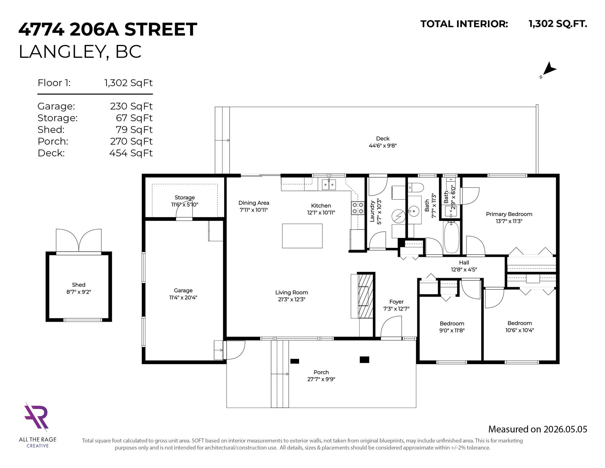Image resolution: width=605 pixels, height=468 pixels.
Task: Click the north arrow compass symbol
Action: (x=549, y=70)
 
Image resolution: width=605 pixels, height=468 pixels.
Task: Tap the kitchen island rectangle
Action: (x=302, y=236)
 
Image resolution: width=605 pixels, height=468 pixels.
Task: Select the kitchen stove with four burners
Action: (x=357, y=208)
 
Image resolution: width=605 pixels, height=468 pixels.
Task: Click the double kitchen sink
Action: (x=329, y=184)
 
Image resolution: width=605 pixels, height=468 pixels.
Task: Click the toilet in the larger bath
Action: (x=416, y=187)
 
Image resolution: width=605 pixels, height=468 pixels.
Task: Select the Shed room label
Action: (x=79, y=285)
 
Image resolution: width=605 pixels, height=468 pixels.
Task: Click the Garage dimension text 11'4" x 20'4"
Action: (x=183, y=298)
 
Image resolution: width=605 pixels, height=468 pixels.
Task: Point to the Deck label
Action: (x=383, y=138)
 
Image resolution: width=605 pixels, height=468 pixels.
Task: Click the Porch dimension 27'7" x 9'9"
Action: (x=321, y=379)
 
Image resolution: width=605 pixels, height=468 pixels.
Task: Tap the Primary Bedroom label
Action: (x=509, y=214)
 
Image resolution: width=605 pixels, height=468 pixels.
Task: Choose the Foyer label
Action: (x=396, y=302)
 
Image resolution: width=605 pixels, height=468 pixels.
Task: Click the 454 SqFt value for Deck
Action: (x=131, y=153)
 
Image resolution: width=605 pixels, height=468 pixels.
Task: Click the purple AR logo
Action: (x=36, y=416)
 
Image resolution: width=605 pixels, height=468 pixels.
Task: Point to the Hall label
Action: (x=464, y=262)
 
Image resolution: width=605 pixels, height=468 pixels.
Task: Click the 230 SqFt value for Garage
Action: (x=131, y=106)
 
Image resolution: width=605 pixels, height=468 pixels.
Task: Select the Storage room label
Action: (x=184, y=197)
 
